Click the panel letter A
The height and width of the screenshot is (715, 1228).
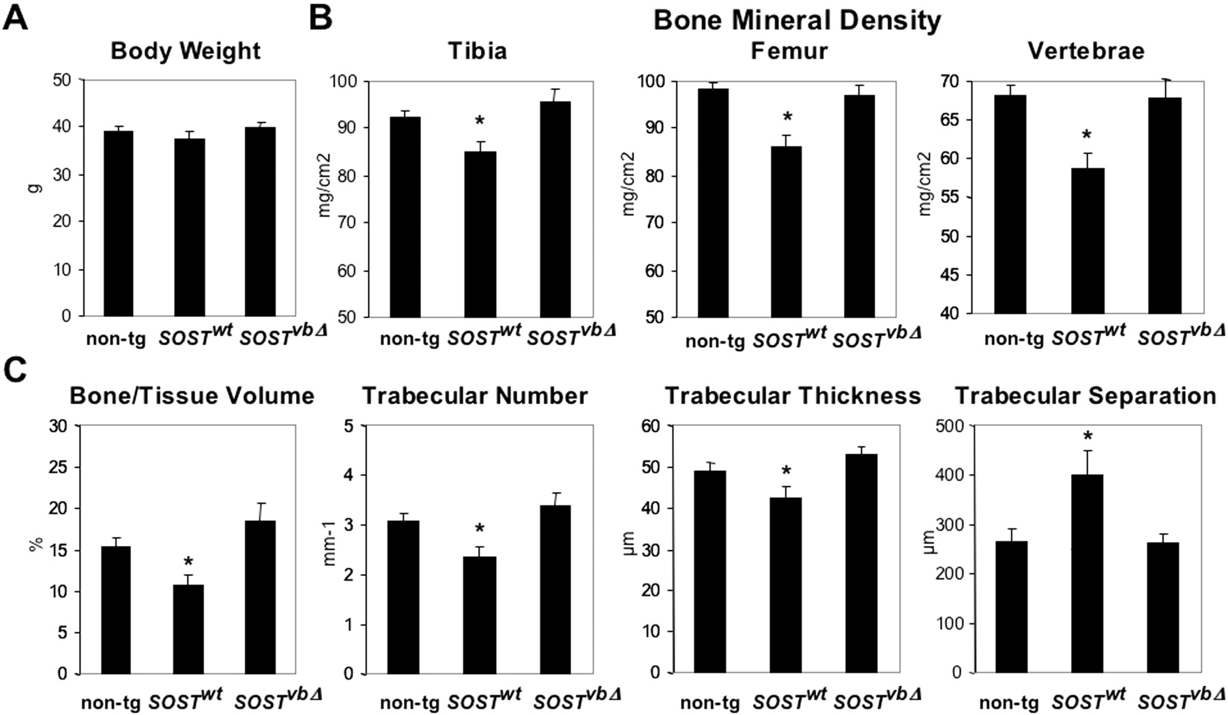tap(16, 17)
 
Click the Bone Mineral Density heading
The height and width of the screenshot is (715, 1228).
tap(797, 20)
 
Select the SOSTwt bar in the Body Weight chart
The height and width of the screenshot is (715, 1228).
tap(190, 227)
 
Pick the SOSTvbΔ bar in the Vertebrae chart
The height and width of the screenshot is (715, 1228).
tap(1165, 205)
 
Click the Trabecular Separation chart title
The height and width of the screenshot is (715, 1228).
tap(1085, 396)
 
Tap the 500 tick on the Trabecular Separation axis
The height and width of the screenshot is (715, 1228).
tap(948, 426)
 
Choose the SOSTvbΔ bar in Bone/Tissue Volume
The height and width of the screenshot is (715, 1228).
tap(259, 597)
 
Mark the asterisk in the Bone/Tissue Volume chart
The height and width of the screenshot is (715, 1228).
tap(188, 562)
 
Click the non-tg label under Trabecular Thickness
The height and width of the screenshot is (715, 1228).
tap(710, 703)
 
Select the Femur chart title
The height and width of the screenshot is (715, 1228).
tap(789, 51)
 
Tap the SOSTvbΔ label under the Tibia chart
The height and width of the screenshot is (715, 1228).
tap(572, 335)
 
